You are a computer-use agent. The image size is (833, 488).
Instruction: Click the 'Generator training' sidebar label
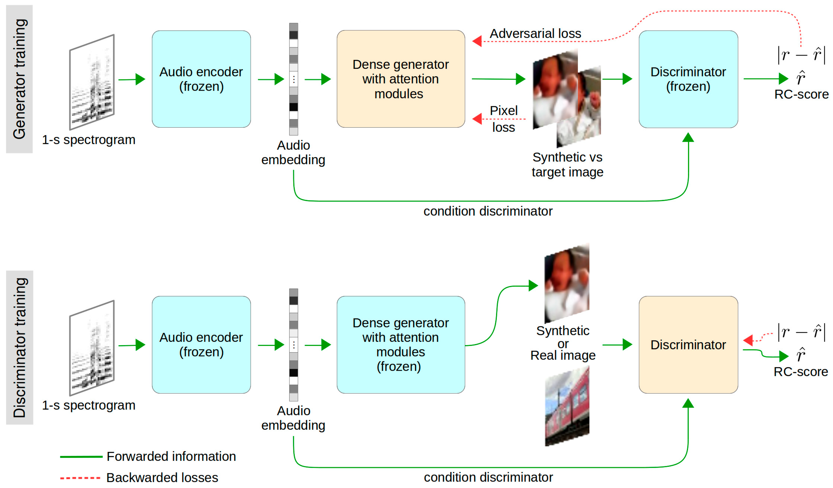pos(19,79)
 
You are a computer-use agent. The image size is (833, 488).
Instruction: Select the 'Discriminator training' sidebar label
pos(19,348)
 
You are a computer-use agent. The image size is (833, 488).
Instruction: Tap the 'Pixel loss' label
pos(503,119)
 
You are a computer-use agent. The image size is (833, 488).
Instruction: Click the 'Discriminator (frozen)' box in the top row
pos(688,79)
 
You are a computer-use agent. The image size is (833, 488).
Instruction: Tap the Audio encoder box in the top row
pos(201,79)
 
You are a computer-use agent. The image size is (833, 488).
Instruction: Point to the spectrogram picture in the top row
pos(92,82)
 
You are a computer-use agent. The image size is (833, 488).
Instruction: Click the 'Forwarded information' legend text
pos(171,456)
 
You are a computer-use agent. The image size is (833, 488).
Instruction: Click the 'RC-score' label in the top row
pos(801,95)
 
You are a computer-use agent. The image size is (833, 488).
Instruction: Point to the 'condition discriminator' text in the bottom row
pos(488,477)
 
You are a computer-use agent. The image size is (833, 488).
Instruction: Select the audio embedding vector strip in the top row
pos(294,79)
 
